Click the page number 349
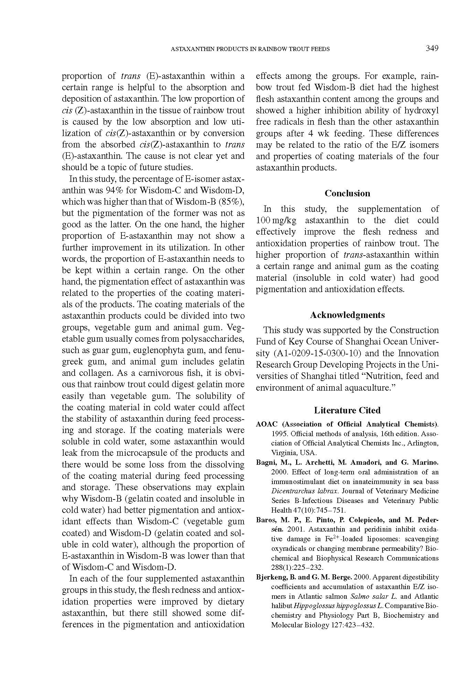[x=432, y=48]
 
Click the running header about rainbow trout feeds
[x=250, y=49]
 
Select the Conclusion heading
[x=347, y=193]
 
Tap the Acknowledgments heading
[x=347, y=315]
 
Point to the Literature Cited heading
[x=347, y=410]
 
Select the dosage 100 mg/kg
[x=277, y=220]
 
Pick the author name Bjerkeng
[x=271, y=577]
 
